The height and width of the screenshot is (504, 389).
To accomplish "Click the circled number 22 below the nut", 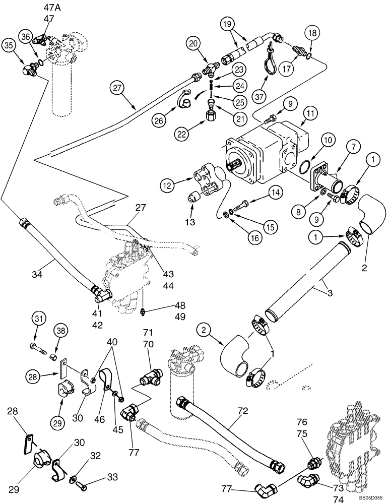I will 182,133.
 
